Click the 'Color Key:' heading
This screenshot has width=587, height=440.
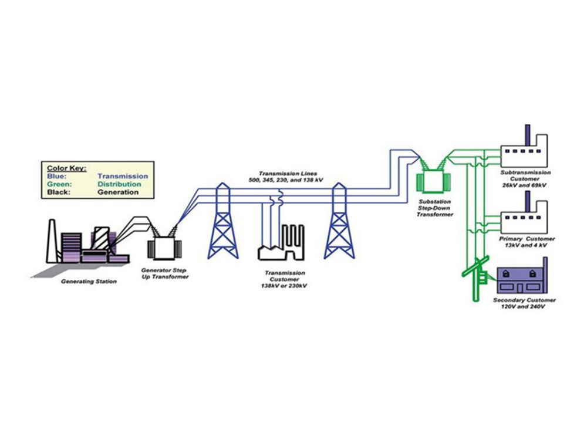66,168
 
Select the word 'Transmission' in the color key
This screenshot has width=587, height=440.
123,176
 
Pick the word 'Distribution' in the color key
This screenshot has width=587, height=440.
119,184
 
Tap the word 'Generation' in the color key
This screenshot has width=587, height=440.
118,192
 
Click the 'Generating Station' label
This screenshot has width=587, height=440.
89,282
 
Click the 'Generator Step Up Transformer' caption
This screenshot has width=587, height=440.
165,273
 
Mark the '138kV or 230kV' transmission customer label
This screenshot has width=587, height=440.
285,286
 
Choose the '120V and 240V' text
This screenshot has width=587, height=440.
525,307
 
